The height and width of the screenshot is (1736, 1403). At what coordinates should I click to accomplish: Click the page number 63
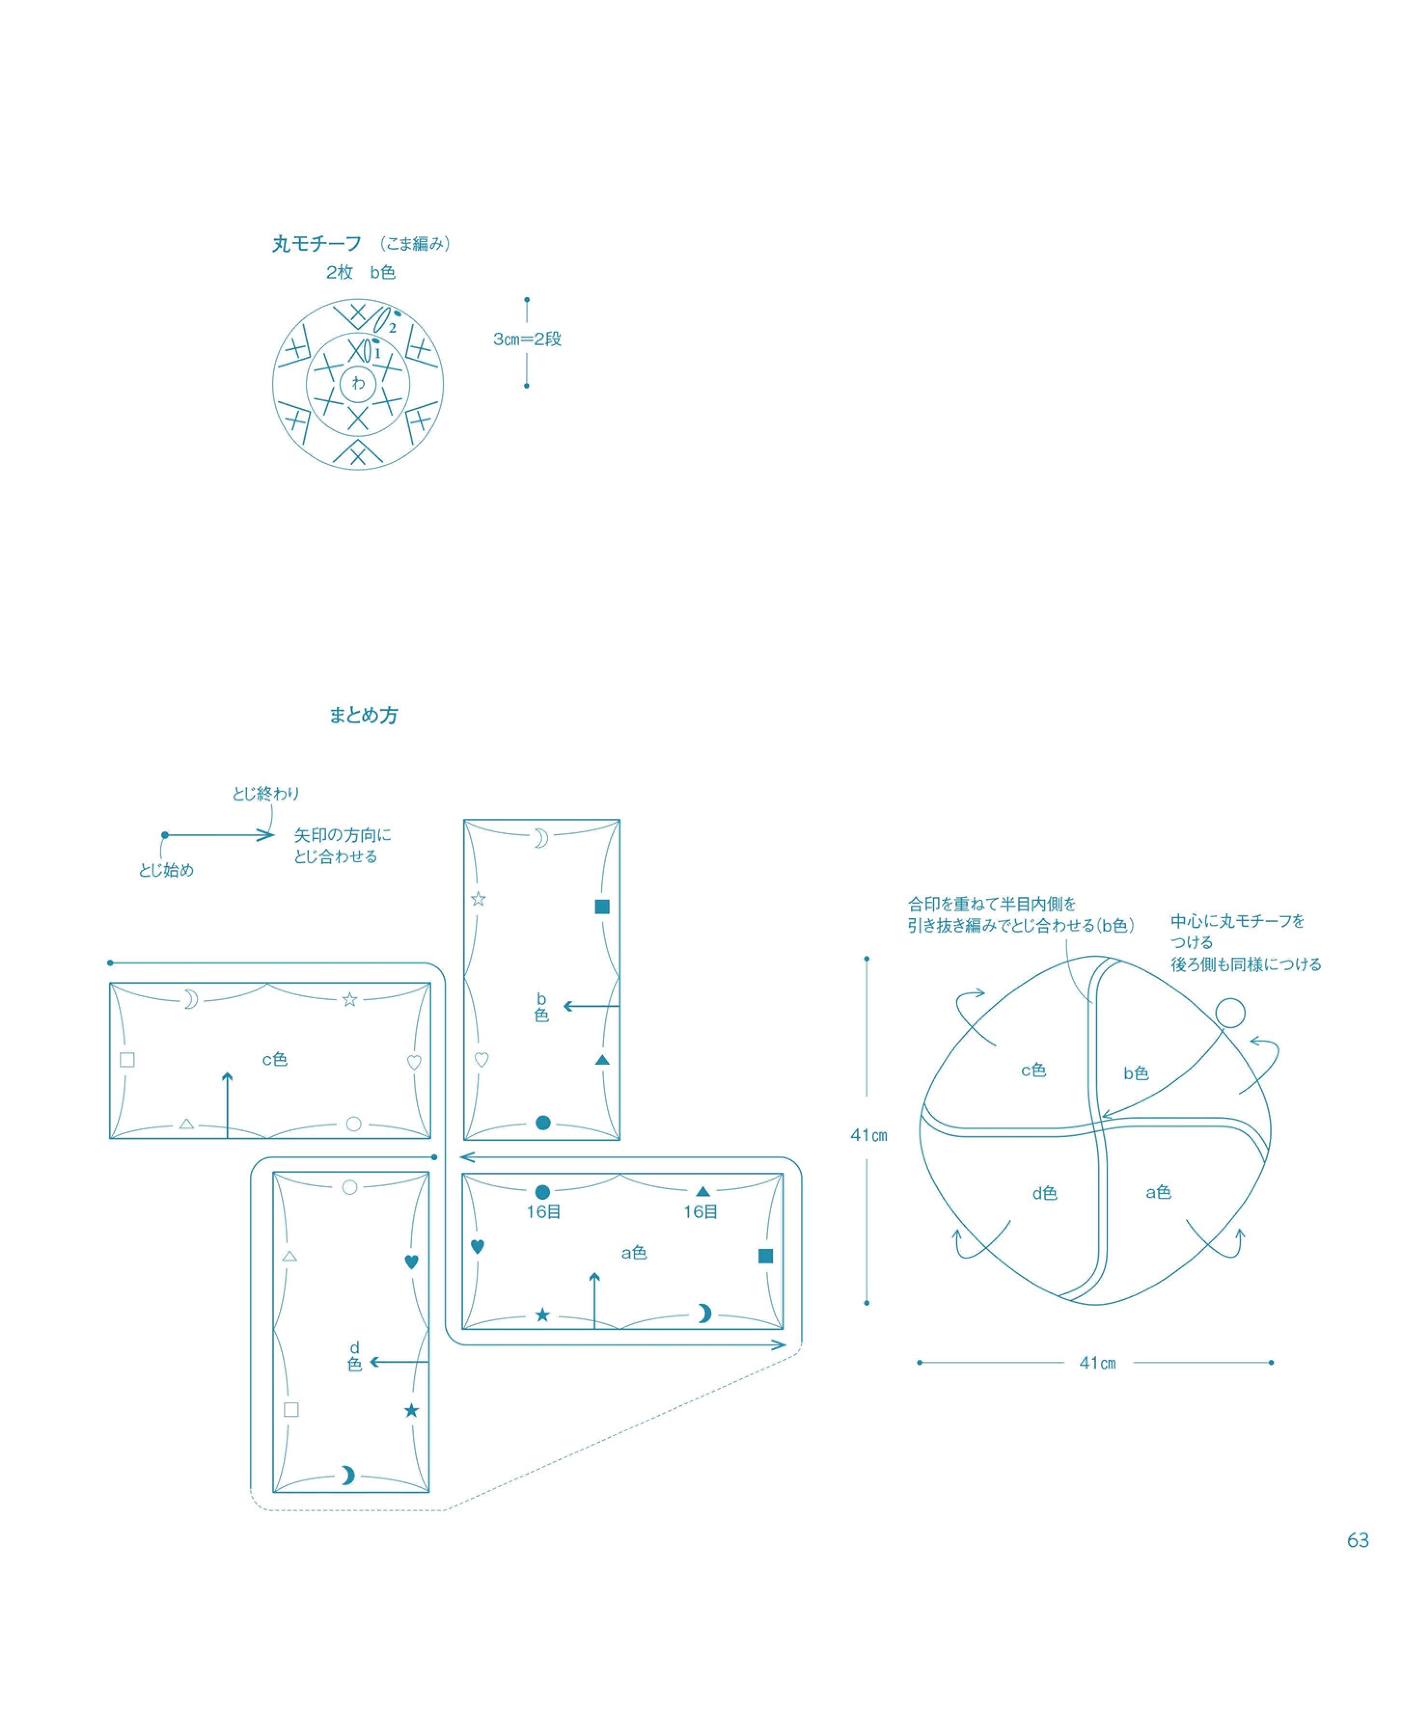[1358, 1541]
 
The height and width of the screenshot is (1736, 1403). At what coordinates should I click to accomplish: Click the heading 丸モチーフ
[317, 244]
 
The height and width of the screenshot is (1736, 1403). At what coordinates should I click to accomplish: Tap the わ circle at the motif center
[358, 384]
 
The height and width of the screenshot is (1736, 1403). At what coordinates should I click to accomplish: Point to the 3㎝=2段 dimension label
[527, 339]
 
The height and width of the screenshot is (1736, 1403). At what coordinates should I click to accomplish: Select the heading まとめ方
[364, 715]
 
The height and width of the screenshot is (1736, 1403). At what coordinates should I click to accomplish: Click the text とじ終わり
[266, 794]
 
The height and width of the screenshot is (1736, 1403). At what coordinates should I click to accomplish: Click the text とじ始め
[166, 870]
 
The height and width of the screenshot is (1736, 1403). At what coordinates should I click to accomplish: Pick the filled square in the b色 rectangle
[602, 907]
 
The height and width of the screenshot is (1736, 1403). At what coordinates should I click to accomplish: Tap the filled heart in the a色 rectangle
[478, 1247]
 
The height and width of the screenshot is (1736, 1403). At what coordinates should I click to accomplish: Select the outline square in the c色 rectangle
[127, 1060]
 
